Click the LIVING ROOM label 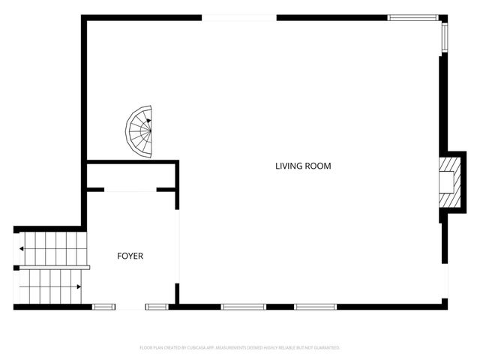tap(302, 166)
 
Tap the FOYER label tap(130, 256)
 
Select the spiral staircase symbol tap(140, 132)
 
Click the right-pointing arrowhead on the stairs tap(79, 286)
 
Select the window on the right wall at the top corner tap(445, 35)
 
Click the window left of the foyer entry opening tap(103, 306)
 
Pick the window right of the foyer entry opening tap(157, 306)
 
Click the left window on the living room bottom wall tap(244, 306)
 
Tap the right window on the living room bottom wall tap(316, 306)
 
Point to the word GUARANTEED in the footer tap(325, 348)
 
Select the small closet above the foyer tap(130, 175)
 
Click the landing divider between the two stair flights tap(52, 266)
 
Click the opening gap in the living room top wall tap(239, 16)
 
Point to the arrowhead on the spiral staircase tap(148, 119)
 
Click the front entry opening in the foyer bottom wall tap(130, 306)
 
